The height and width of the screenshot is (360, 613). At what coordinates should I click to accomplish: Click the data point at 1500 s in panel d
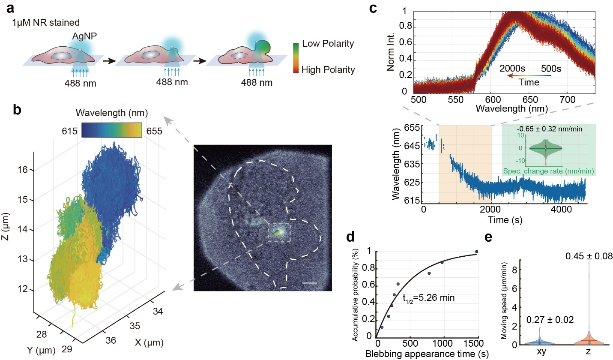click(477, 252)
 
